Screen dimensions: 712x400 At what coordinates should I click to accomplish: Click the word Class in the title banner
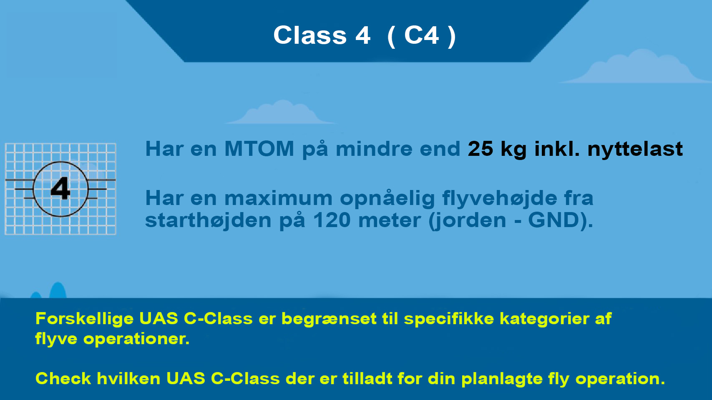[x=310, y=35]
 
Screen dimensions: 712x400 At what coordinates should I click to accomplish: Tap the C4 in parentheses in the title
[x=421, y=35]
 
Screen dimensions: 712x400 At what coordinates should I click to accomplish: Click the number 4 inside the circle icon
[x=60, y=189]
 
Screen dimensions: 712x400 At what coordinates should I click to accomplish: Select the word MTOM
[x=259, y=149]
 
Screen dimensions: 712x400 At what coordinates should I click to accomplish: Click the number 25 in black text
[x=480, y=149]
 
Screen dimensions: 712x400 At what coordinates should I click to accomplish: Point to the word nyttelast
[x=635, y=149]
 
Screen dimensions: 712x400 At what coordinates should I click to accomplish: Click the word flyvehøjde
[x=500, y=198]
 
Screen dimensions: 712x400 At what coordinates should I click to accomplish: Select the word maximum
[x=278, y=198]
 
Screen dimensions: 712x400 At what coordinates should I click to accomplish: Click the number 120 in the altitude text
[x=332, y=220]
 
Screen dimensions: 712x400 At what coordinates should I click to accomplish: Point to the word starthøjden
[x=208, y=220]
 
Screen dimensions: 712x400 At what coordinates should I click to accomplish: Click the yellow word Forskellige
[x=84, y=319]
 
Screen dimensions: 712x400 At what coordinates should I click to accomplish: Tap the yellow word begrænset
[x=329, y=319]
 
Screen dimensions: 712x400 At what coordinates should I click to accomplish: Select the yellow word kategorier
[x=544, y=319]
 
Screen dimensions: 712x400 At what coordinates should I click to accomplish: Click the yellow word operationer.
[x=136, y=339]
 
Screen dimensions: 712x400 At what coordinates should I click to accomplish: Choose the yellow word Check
[x=63, y=379]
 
